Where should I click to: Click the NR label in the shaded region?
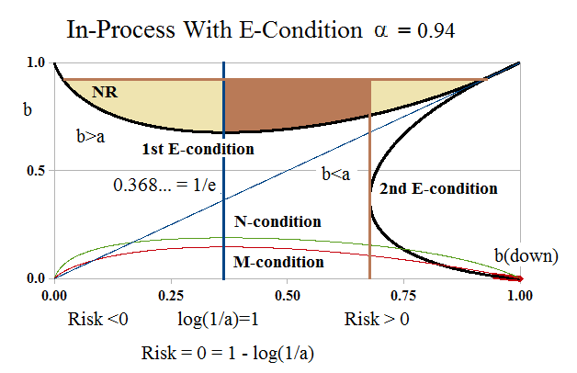[106, 92]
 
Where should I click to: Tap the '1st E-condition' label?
[198, 148]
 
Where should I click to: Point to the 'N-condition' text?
[277, 222]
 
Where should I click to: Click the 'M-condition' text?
[278, 263]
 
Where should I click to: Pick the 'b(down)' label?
[526, 255]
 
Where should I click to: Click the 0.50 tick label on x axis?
[288, 297]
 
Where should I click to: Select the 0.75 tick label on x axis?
[404, 297]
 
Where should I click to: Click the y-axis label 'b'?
[28, 111]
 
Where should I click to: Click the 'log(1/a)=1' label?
[218, 321]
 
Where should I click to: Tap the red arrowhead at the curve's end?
[516, 277]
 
